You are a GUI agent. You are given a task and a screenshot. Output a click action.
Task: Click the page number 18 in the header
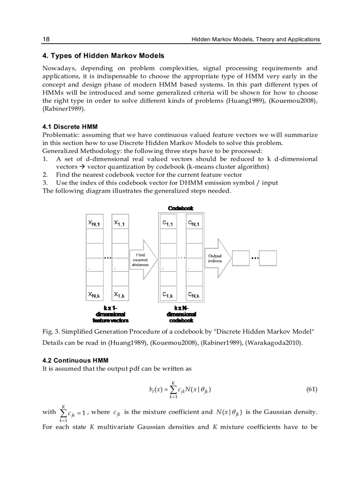[46, 39]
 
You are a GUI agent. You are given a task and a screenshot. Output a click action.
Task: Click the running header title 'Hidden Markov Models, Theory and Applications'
[255, 39]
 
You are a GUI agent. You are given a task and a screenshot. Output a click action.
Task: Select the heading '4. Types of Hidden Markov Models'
[103, 56]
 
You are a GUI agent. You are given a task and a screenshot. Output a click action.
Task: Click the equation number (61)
[311, 389]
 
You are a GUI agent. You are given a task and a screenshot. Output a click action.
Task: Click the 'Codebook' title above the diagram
[180, 208]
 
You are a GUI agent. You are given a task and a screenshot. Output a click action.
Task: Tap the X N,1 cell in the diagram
[94, 224]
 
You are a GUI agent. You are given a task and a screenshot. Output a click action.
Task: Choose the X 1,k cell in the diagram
[120, 294]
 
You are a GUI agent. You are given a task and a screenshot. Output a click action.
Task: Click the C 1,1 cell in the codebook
[168, 224]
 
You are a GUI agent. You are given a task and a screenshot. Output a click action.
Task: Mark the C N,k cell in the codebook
[194, 294]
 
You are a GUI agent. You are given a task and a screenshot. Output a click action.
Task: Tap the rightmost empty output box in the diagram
[268, 258]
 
